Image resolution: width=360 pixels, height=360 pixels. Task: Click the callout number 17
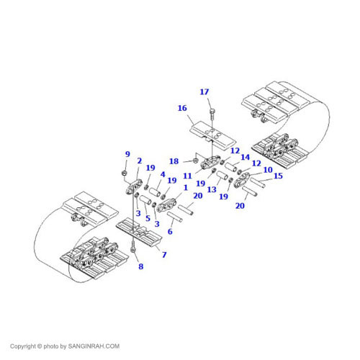pos(204,91)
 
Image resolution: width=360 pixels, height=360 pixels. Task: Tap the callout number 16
pos(182,108)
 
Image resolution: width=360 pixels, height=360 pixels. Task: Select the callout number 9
pos(127,154)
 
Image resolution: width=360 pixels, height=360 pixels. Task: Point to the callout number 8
pos(141,266)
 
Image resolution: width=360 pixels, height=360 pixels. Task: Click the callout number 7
pos(164,254)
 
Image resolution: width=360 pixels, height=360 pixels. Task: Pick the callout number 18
pos(174,161)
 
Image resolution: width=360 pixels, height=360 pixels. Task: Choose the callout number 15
pos(278,176)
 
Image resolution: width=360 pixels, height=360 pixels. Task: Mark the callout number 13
pos(212,189)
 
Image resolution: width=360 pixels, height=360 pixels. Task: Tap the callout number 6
pos(170,232)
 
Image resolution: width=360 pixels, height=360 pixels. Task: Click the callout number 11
pos(187,176)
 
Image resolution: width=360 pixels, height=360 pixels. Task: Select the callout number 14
pos(246,157)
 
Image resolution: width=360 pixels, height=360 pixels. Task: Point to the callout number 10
pos(268,170)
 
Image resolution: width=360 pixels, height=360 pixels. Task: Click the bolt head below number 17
pos(212,112)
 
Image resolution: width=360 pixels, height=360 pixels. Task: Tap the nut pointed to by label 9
pos(124,173)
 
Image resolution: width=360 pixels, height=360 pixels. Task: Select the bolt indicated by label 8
pos(133,247)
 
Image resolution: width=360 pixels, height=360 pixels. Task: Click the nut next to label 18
pos(196,161)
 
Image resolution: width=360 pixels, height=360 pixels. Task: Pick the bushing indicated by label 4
pos(155,192)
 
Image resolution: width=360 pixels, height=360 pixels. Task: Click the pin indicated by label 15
pos(258,183)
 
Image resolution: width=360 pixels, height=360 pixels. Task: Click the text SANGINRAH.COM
pos(94,346)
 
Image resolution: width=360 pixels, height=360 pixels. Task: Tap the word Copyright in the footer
pos(22,346)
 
